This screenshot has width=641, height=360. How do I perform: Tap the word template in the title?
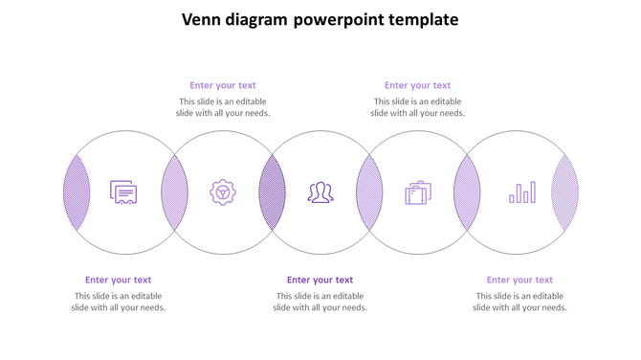424,20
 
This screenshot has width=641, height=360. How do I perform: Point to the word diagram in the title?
257,20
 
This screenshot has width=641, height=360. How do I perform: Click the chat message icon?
123,192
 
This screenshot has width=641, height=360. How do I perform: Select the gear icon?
223,192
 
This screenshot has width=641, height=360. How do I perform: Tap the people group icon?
320,192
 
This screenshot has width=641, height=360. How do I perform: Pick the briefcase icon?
418,192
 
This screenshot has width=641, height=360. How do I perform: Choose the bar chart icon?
522,193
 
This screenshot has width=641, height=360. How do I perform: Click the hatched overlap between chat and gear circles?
174,192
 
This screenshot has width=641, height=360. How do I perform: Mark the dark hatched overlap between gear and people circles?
272,192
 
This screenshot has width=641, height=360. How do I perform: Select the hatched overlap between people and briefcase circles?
369,192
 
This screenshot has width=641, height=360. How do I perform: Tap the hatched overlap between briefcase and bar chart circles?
467,192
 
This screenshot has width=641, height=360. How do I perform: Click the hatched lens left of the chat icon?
77,192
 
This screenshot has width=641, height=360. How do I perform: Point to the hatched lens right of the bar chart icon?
564,192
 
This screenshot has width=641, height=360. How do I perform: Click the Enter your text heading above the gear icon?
223,85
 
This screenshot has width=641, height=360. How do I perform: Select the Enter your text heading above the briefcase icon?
417,85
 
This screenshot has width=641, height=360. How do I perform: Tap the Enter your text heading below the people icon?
320,280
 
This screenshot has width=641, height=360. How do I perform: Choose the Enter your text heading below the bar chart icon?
519,280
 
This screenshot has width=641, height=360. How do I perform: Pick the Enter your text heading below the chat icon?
118,280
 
